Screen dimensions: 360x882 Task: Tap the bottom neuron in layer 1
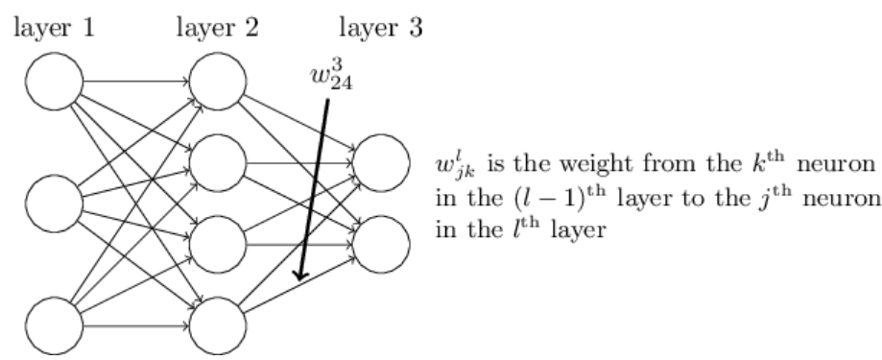(55, 327)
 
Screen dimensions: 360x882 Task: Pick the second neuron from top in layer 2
(219, 163)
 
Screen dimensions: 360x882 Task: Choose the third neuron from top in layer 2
(219, 245)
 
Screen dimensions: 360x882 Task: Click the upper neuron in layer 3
(382, 163)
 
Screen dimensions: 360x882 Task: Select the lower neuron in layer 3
(382, 245)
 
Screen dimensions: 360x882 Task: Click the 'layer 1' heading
(53, 27)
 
